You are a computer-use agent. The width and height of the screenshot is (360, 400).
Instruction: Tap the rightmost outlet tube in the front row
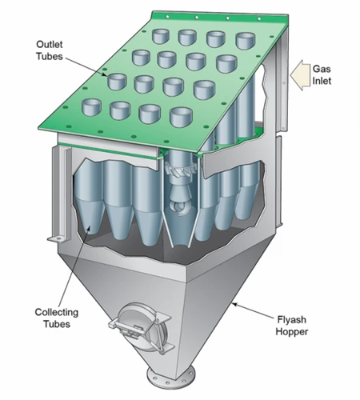(x=181, y=117)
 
